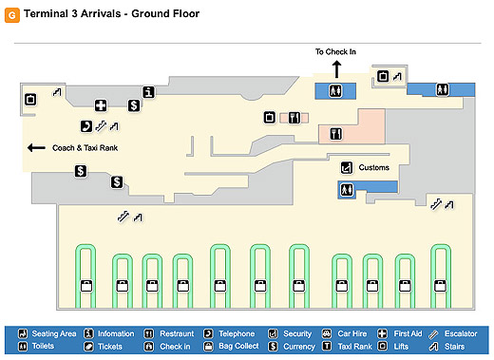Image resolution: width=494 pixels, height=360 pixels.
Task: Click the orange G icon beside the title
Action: point(12,15)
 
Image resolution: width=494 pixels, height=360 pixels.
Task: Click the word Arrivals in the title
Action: point(101,13)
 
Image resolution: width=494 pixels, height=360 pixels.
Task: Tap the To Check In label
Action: point(335,51)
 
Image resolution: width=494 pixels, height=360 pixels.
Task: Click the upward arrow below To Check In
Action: point(336,69)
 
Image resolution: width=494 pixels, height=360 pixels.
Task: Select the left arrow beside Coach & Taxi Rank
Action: point(36,147)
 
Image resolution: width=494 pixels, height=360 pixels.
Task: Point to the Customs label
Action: point(373,167)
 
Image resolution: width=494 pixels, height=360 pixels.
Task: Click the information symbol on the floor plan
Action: point(148,92)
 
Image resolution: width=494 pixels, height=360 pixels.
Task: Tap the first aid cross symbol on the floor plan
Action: point(101,105)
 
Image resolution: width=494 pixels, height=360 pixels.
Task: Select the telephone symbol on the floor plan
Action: point(86,126)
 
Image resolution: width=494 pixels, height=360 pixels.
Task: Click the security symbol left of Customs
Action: point(347,167)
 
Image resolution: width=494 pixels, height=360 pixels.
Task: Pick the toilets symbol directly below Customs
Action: point(347,190)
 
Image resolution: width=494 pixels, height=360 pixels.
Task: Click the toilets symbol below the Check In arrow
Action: point(335,91)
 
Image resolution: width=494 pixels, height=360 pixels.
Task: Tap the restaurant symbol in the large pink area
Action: point(335,134)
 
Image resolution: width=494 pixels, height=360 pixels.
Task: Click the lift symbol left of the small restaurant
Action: point(270,118)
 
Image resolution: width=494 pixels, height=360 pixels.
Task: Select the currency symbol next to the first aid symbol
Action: point(134,105)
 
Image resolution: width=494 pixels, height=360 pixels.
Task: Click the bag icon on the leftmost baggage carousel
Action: point(85,286)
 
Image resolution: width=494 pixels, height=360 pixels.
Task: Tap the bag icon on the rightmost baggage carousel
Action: point(440,286)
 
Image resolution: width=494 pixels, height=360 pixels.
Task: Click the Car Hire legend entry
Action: point(345,333)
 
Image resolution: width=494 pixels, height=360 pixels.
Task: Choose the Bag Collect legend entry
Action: point(231,346)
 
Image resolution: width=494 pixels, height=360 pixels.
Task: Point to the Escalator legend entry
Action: point(453,334)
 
